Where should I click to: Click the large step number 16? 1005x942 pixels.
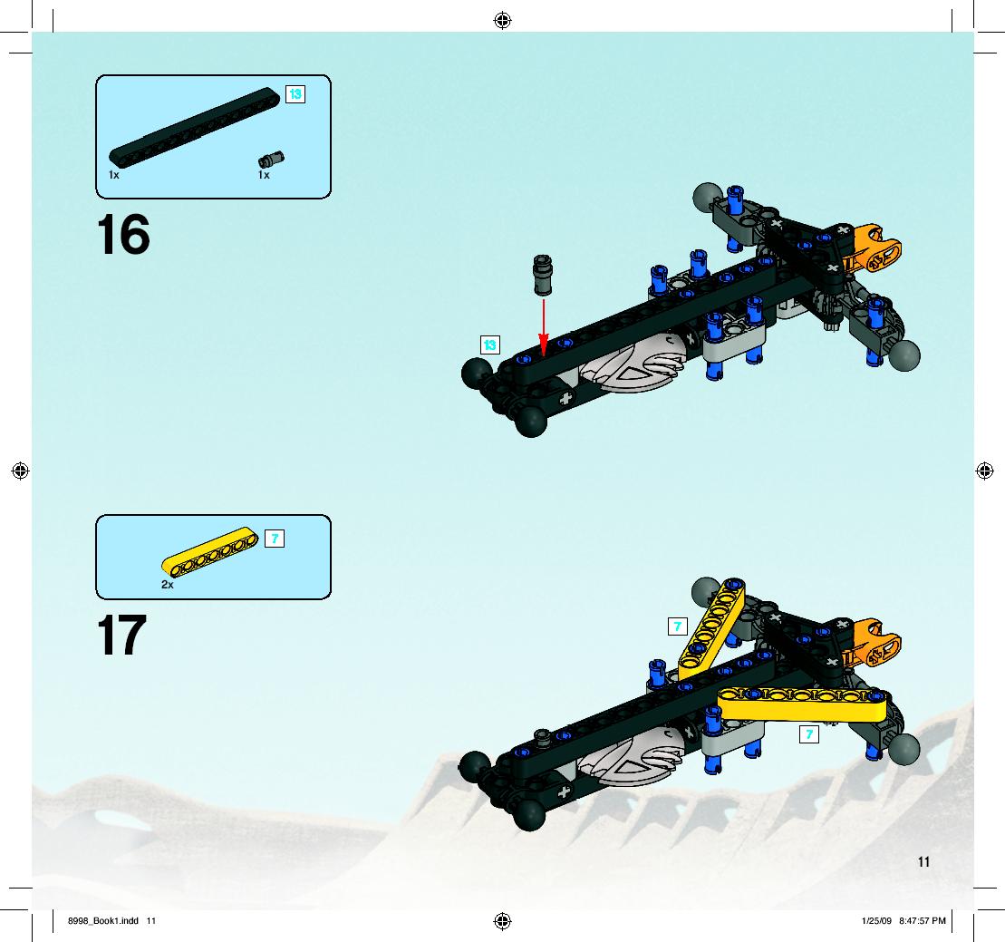point(123,235)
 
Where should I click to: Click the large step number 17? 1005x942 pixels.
point(121,635)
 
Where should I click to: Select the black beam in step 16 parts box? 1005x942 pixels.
point(194,128)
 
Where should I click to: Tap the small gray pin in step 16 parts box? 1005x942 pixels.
point(271,159)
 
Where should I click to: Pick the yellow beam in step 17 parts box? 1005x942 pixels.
point(209,551)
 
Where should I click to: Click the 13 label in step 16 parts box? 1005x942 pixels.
point(295,94)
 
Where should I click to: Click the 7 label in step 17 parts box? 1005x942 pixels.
point(275,539)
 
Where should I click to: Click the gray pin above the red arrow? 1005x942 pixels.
point(542,275)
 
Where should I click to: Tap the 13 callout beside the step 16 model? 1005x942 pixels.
point(490,345)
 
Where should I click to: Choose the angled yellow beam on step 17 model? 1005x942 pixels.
point(711,629)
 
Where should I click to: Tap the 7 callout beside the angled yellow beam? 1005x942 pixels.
point(678,626)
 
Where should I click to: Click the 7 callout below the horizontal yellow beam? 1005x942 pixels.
point(809,734)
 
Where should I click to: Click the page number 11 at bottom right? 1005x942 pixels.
point(923,862)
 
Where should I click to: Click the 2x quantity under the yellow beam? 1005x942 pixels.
point(168,585)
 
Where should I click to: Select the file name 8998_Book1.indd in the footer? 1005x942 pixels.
point(103,921)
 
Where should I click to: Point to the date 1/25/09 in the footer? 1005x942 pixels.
point(876,921)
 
